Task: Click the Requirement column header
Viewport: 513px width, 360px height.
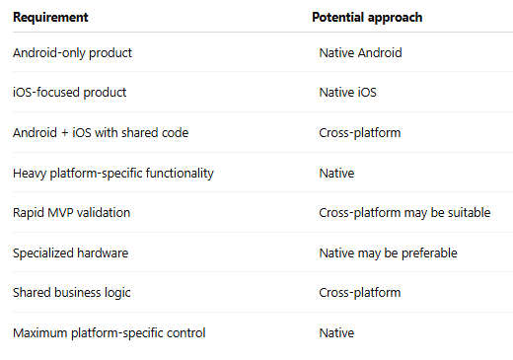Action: click(50, 18)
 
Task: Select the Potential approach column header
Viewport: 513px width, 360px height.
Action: click(367, 18)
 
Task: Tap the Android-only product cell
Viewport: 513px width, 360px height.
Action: click(72, 53)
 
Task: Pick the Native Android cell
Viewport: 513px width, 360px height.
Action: click(360, 52)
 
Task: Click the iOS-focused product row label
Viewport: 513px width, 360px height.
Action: click(69, 93)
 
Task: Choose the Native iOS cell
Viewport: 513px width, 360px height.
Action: click(347, 93)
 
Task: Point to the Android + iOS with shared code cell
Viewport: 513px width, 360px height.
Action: click(101, 133)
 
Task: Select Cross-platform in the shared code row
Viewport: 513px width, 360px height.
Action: click(360, 133)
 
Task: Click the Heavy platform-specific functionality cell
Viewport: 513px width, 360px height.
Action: click(113, 174)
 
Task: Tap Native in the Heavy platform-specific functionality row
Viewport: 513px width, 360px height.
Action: click(336, 174)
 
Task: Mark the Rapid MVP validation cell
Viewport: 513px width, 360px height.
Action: click(71, 213)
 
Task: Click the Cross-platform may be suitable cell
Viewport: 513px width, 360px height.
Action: click(404, 213)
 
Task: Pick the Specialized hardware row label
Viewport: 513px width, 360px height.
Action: click(70, 253)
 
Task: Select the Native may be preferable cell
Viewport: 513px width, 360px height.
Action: click(388, 253)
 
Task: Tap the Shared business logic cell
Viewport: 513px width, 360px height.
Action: click(72, 293)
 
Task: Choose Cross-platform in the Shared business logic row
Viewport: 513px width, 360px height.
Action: click(360, 293)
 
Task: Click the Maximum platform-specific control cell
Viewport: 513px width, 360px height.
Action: click(110, 333)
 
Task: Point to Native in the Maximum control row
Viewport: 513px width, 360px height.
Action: click(336, 333)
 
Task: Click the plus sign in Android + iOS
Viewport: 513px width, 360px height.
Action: click(64, 133)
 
